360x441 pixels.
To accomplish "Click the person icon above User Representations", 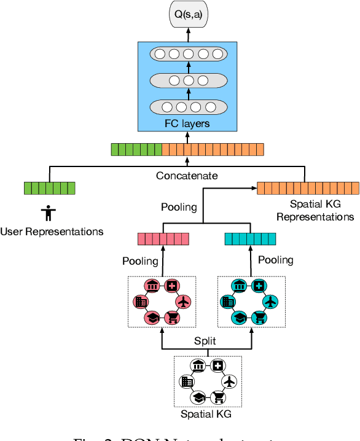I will tap(48, 213).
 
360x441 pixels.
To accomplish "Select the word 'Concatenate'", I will tap(187, 176).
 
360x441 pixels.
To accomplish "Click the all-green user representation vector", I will tap(49, 188).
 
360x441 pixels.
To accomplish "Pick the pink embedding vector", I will tap(163, 239).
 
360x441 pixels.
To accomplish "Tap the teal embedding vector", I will tap(251, 239).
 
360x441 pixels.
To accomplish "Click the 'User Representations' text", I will tap(52, 232).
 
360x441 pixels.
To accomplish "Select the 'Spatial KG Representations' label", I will tap(315, 211).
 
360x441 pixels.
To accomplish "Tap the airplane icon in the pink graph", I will tap(184, 302).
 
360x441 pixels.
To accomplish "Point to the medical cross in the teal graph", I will tap(259, 286).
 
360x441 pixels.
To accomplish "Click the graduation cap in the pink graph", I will tap(151, 317).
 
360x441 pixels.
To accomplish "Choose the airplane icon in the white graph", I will tap(229, 382).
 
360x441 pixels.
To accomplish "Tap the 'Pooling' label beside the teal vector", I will tap(275, 260).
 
